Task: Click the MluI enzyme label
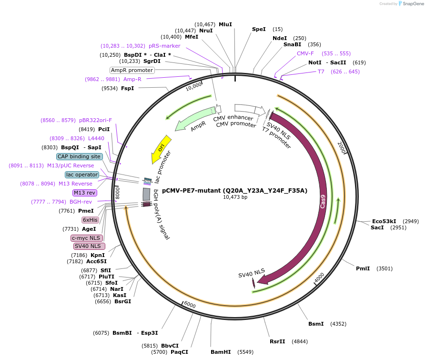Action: coord(225,24)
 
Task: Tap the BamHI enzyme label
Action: coord(221,352)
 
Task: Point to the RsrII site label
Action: coord(277,341)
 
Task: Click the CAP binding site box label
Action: coord(79,156)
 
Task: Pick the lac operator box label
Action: coord(82,175)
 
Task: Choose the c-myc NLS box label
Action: coord(86,238)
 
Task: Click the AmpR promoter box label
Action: coord(132,70)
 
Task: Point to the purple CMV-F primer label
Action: coord(305,53)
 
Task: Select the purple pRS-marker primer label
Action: coord(164,46)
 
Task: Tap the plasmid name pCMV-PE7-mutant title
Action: coord(234,190)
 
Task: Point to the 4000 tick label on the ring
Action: coord(319,277)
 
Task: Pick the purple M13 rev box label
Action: coord(84,193)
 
